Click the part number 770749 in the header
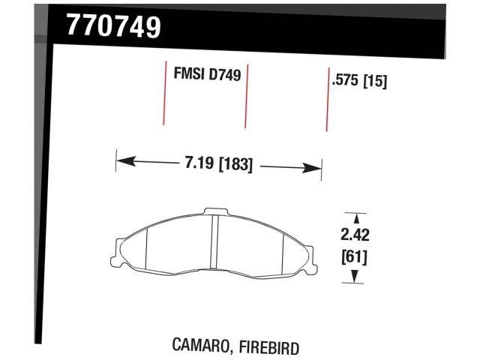click(x=113, y=28)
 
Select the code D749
click(x=225, y=76)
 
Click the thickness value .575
click(x=346, y=82)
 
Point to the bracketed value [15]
click(x=375, y=82)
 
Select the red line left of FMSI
click(x=164, y=94)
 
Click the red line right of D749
click(x=247, y=96)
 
